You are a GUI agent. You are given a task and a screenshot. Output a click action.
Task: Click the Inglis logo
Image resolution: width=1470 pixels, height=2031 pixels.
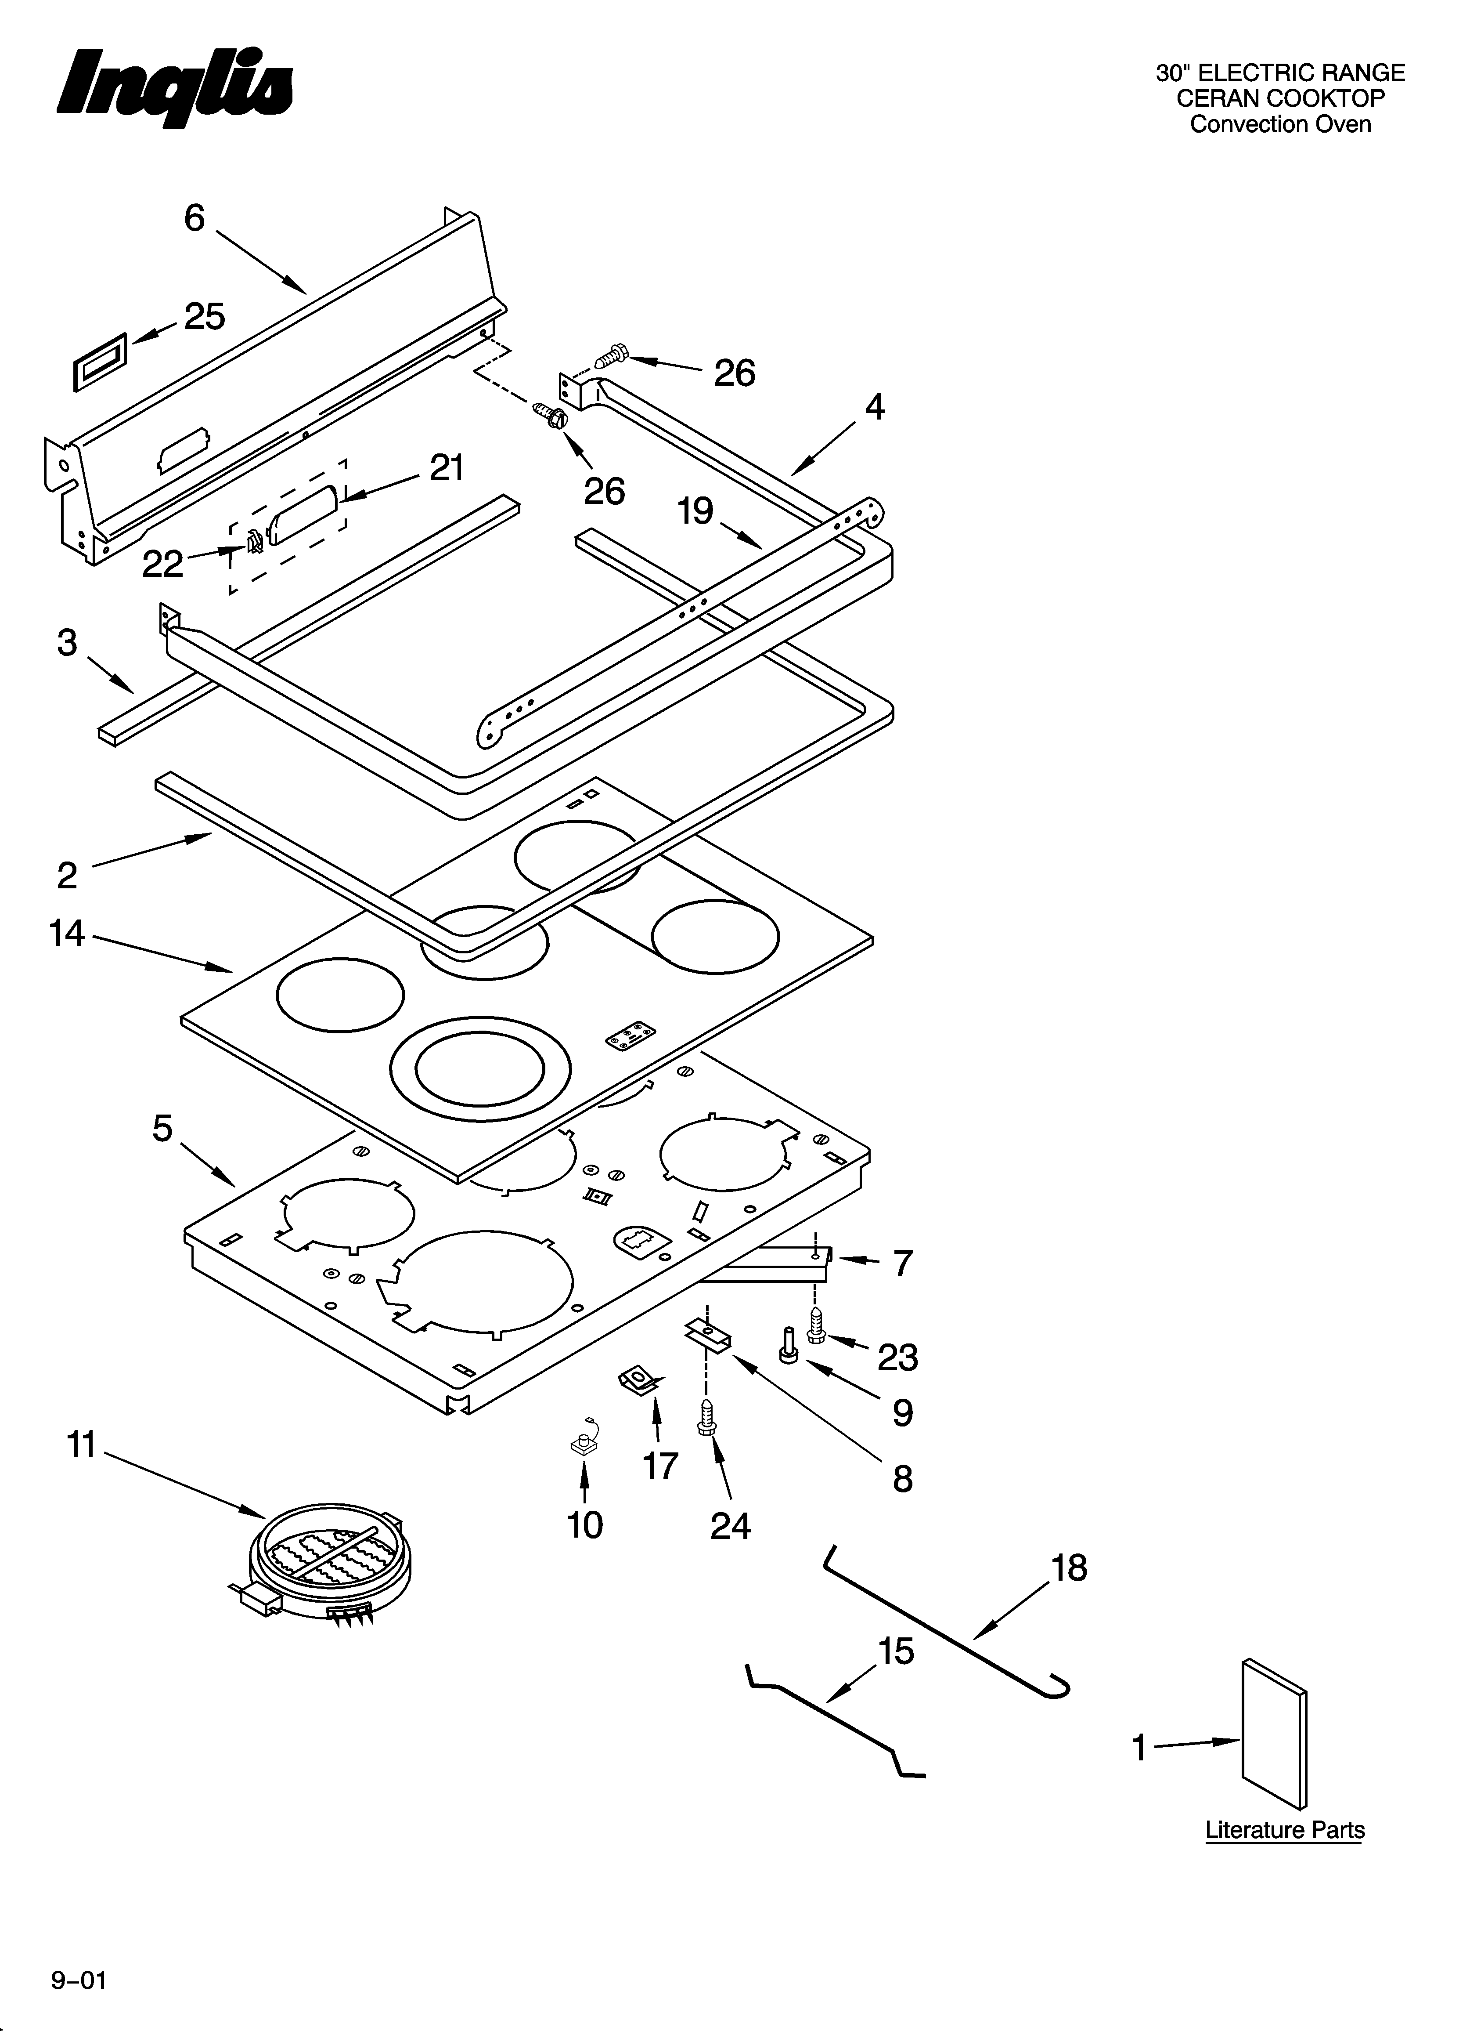[175, 90]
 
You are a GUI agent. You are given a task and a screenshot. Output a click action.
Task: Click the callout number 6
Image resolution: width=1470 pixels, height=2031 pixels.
[194, 217]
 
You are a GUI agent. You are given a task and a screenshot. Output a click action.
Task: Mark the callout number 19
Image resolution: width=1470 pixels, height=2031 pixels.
[695, 511]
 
